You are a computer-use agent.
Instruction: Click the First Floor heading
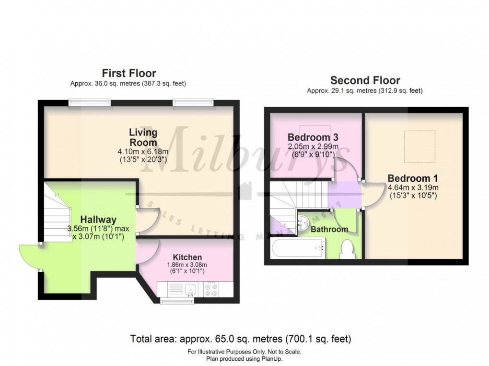click(128, 73)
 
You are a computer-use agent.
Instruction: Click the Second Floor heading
click(365, 80)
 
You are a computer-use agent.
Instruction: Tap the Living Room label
click(143, 137)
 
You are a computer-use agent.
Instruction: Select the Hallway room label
click(98, 220)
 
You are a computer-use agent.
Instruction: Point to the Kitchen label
click(187, 257)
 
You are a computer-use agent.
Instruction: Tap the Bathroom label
click(329, 230)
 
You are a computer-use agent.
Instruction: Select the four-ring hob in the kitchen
click(211, 289)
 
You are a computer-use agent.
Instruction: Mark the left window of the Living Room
click(89, 101)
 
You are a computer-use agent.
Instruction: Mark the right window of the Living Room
click(193, 101)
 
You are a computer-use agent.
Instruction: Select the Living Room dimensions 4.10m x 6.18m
click(143, 152)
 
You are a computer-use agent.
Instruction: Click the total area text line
click(241, 339)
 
